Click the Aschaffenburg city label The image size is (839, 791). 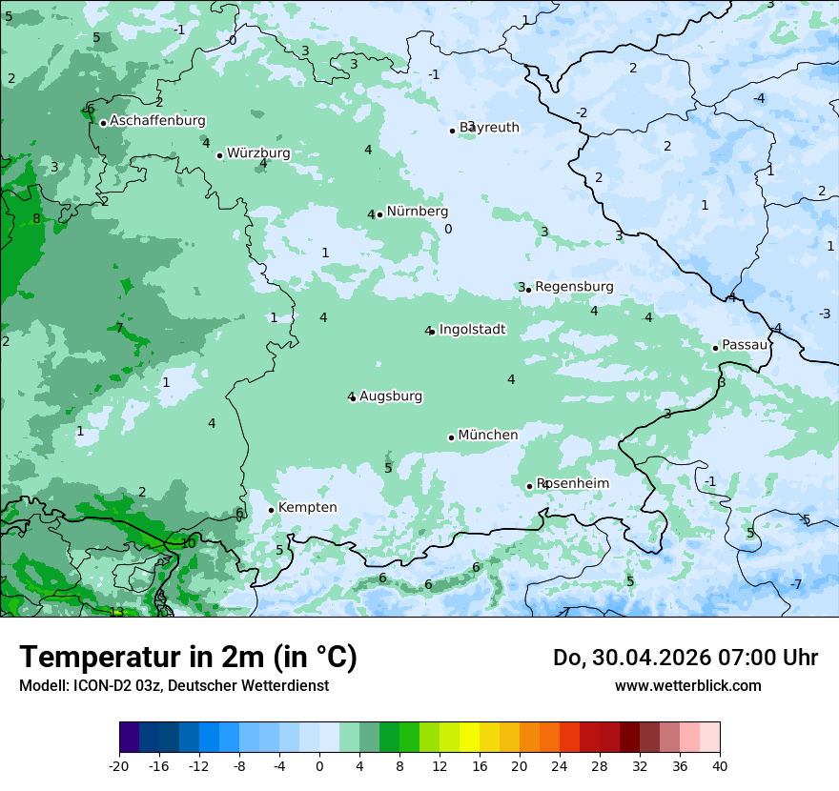pos(157,121)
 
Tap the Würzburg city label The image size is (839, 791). pos(258,153)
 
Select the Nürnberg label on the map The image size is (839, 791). pos(417,212)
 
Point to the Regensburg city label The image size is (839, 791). pos(574,287)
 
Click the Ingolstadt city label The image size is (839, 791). pos(472,330)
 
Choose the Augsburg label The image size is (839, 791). pos(391,396)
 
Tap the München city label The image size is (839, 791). pos(488,436)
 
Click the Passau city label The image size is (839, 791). pos(745,345)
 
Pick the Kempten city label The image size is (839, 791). pos(307,508)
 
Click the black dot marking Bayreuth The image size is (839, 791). pos(453,131)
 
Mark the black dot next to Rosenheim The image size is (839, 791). pos(530,486)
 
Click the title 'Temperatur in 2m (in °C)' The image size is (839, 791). pos(188,657)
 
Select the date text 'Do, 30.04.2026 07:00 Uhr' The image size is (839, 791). pos(686,658)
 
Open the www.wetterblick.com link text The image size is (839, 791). pos(687,685)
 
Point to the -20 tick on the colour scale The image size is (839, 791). pos(119,765)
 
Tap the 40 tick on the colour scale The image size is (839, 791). pos(719,765)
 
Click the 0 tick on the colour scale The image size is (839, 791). pos(319,765)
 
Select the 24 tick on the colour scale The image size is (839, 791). pos(560,765)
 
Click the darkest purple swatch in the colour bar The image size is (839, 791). pos(129,738)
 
